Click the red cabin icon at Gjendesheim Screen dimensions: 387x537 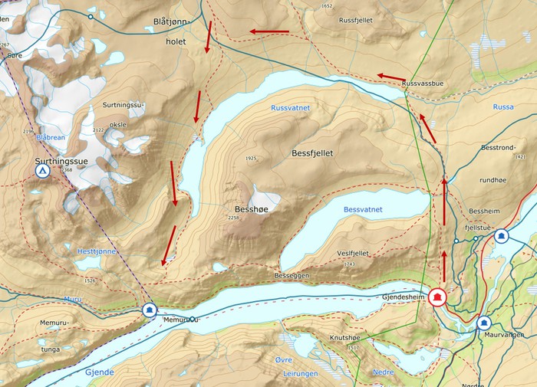[438, 297]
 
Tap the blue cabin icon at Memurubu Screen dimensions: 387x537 [150, 310]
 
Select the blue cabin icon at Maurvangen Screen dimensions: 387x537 [484, 323]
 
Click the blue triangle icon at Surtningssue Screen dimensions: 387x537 [43, 172]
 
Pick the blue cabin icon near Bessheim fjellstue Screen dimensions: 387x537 [502, 236]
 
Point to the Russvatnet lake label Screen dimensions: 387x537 [290, 108]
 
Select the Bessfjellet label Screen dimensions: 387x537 [312, 153]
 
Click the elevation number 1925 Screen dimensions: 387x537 [250, 159]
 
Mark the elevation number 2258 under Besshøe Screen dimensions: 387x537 [235, 218]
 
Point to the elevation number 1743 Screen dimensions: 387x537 [350, 264]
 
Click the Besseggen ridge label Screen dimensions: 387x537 [290, 274]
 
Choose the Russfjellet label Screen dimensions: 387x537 [359, 21]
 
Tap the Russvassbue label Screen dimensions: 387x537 [422, 82]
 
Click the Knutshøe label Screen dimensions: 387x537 [345, 336]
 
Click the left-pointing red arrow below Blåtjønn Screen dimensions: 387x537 [268, 32]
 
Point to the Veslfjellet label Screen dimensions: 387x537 [353, 254]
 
